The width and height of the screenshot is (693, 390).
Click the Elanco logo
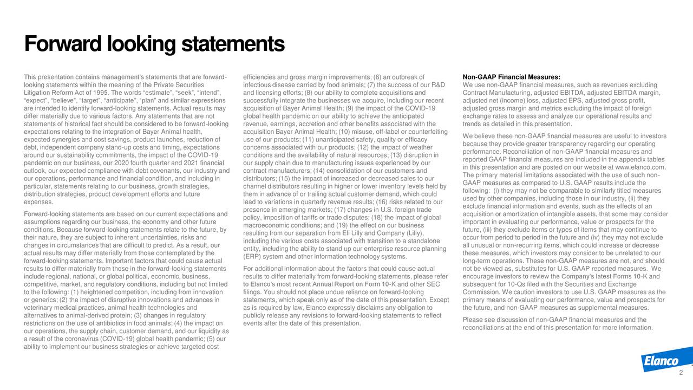[660, 362]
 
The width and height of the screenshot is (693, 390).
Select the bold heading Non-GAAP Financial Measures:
[512, 77]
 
